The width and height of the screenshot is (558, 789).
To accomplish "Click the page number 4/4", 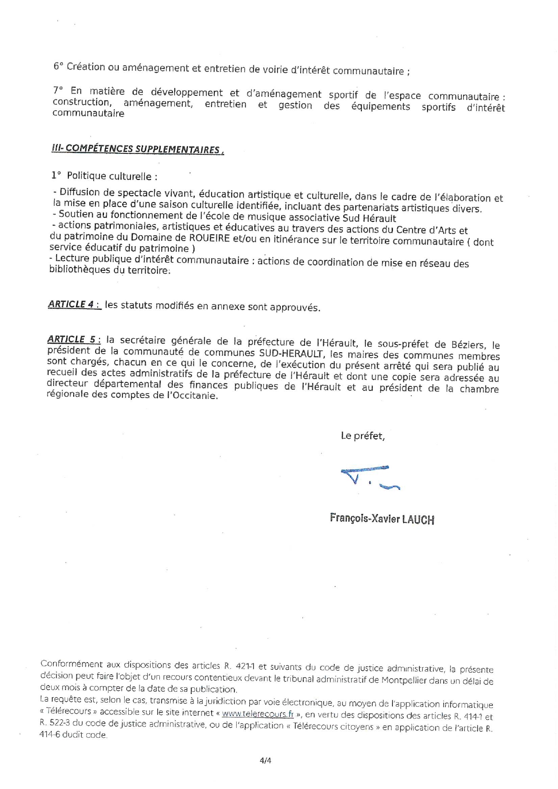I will pos(265,761).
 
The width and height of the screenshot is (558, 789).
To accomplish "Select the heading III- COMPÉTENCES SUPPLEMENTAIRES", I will pos(138,149).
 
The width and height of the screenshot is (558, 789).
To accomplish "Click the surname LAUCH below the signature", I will pos(418,520).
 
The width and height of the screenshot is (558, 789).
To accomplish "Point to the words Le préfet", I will pos(363,436).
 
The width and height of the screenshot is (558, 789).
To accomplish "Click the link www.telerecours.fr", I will pos(258,713).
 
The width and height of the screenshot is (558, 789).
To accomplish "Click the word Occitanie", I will pos(198,396).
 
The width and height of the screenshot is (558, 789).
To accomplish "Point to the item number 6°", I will pos(58,66).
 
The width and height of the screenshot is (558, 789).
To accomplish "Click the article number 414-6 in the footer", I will pos(49,735).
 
